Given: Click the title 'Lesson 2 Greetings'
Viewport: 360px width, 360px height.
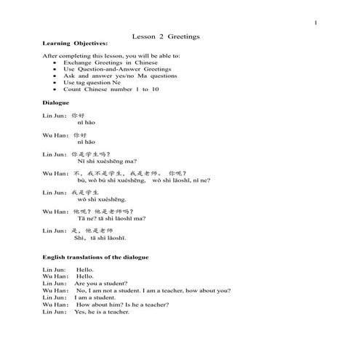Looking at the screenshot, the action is pyautogui.click(x=167, y=36).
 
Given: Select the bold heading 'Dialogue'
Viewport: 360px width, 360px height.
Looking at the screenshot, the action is pyautogui.click(x=57, y=103).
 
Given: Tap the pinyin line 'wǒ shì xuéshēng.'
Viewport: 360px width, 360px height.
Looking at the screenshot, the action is pyautogui.click(x=101, y=199).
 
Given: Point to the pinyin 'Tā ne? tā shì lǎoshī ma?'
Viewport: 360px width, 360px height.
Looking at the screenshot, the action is pyautogui.click(x=111, y=217).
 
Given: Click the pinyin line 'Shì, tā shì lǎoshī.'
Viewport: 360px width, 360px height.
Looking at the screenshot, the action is pyautogui.click(x=100, y=237).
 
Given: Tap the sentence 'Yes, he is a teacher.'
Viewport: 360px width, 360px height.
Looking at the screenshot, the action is pyautogui.click(x=101, y=311).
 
